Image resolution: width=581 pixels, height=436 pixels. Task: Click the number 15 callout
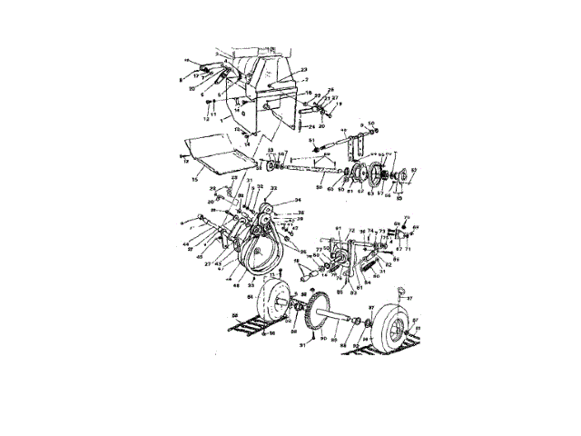tap(194, 180)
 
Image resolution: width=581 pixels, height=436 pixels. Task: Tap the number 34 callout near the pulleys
tap(297, 199)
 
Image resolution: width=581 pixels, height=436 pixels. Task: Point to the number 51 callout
tap(311, 141)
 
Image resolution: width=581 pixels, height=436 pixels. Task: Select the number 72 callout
tap(350, 233)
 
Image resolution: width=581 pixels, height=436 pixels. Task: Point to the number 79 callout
tap(320, 247)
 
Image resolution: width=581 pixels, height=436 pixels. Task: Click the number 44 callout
tap(187, 244)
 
